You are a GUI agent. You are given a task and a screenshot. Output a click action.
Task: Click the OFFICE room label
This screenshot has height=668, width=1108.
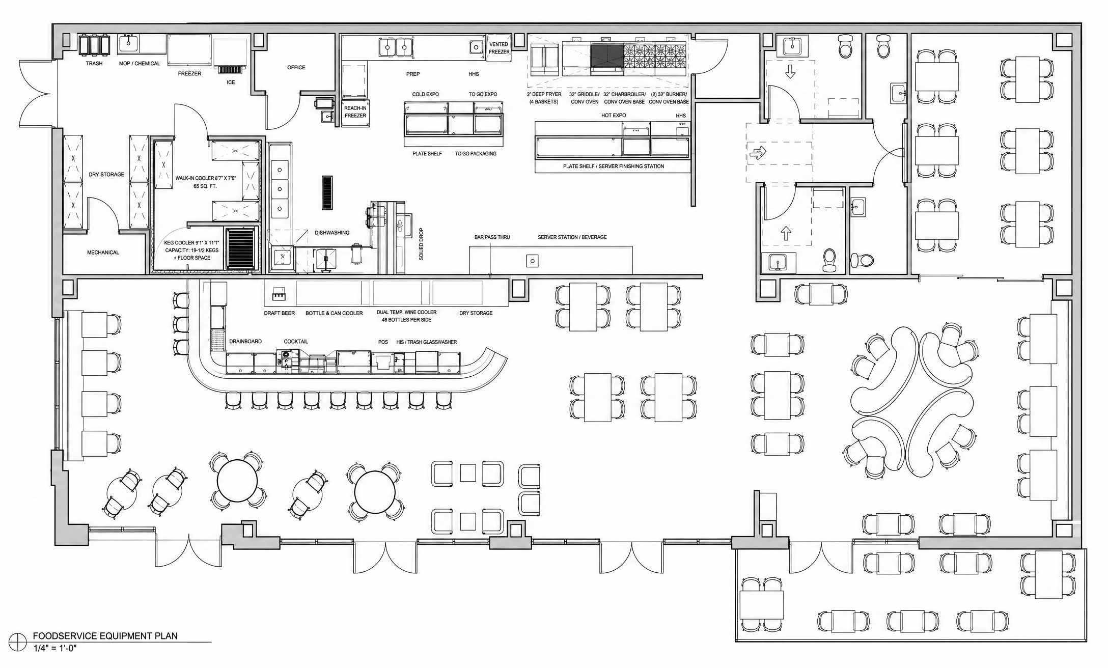pyautogui.click(x=296, y=67)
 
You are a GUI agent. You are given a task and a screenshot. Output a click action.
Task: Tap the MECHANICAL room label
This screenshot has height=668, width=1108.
pyautogui.click(x=103, y=253)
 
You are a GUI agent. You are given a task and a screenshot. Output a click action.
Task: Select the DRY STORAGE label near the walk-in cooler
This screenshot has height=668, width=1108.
pyautogui.click(x=106, y=175)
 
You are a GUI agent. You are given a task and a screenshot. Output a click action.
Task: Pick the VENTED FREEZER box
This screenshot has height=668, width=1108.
pyautogui.click(x=499, y=48)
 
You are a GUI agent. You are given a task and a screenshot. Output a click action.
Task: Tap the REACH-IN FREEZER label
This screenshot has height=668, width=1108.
pyautogui.click(x=355, y=112)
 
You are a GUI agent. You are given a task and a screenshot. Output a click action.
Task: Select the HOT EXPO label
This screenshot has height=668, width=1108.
pyautogui.click(x=614, y=116)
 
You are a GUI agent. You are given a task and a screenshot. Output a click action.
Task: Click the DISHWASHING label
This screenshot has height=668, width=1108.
pyautogui.click(x=332, y=233)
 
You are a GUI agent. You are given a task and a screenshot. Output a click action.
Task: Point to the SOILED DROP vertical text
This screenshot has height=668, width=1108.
pyautogui.click(x=421, y=245)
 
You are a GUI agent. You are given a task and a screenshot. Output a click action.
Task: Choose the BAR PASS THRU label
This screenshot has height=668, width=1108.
pyautogui.click(x=492, y=237)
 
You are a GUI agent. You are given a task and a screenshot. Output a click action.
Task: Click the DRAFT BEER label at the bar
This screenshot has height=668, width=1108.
pyautogui.click(x=279, y=313)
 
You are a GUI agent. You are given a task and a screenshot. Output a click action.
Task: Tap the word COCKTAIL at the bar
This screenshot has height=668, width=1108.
pyautogui.click(x=296, y=342)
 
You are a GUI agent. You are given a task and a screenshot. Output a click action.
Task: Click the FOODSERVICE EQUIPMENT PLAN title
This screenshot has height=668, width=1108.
pyautogui.click(x=105, y=636)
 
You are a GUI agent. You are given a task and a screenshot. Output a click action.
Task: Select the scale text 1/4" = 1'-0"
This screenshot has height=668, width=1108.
pyautogui.click(x=55, y=648)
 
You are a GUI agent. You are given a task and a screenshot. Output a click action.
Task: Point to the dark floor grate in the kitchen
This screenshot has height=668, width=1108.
pyautogui.click(x=327, y=192)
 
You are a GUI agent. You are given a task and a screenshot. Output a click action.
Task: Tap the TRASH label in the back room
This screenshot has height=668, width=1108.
pyautogui.click(x=94, y=64)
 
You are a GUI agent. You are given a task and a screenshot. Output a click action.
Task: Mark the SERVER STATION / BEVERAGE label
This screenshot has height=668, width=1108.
pyautogui.click(x=572, y=237)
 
